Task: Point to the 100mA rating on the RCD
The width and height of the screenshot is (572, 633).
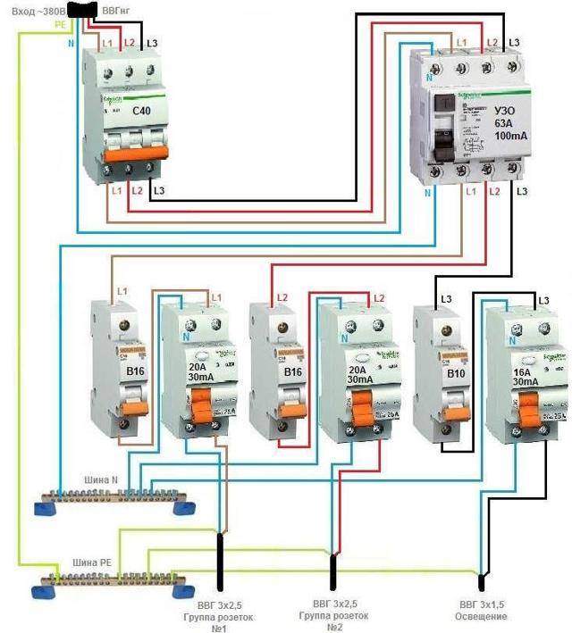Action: click(510, 144)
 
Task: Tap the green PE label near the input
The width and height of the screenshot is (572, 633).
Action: click(59, 25)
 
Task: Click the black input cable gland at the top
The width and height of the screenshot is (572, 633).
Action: click(88, 10)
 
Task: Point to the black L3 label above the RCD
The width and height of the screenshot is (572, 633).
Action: click(514, 42)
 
